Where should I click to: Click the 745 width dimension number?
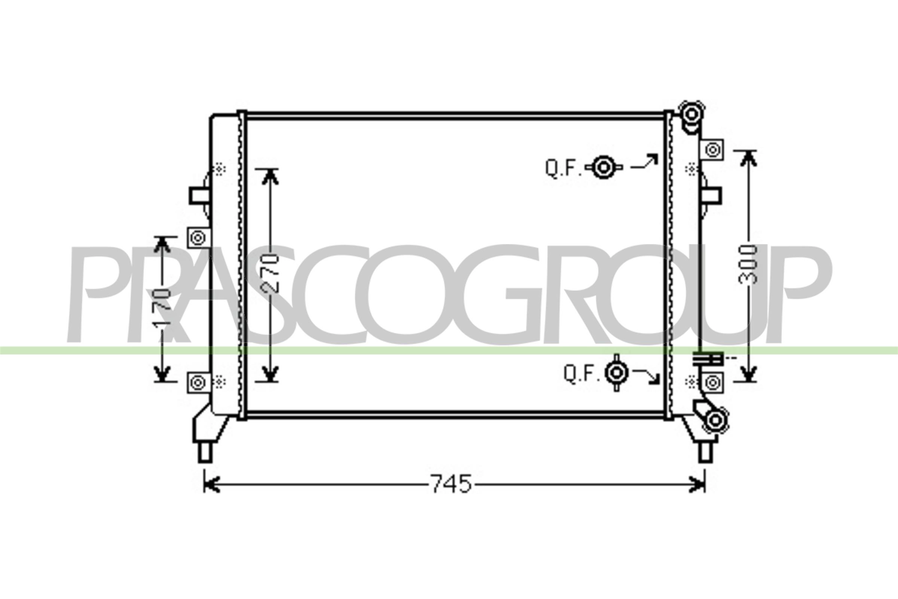click(x=451, y=484)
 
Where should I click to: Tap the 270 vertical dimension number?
click(x=271, y=273)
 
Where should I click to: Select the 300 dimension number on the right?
click(x=747, y=264)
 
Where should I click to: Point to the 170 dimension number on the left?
click(x=162, y=307)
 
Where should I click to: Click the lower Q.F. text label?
click(x=581, y=373)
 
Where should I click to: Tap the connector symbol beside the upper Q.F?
click(x=603, y=167)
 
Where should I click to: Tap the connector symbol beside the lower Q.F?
click(x=616, y=373)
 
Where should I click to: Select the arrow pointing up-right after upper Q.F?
click(x=645, y=162)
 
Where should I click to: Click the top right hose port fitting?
click(x=691, y=114)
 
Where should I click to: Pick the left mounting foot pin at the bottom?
click(x=205, y=453)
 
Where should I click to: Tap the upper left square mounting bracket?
click(x=199, y=238)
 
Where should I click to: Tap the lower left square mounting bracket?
click(x=199, y=382)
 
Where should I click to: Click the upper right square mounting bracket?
click(x=712, y=150)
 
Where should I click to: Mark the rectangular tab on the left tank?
click(x=199, y=195)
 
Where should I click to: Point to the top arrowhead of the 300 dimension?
click(x=748, y=157)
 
